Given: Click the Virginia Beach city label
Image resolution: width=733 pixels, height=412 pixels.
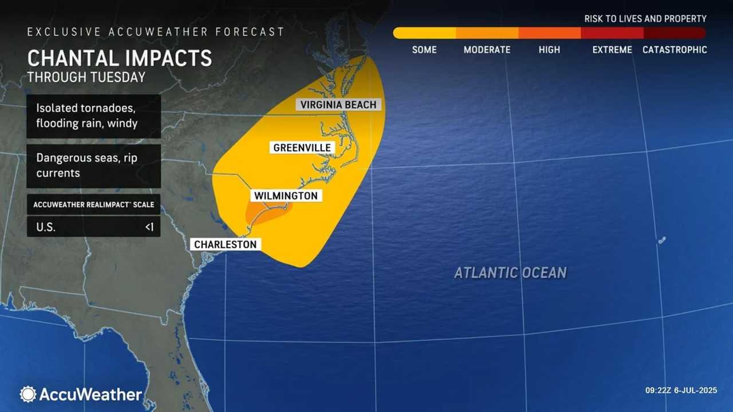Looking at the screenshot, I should click(338, 105).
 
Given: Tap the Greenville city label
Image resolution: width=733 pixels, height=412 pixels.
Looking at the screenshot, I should click(302, 148).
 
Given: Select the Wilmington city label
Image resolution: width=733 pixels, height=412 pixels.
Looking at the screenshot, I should click(286, 196).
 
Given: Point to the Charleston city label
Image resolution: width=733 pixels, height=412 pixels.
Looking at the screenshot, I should click(226, 244).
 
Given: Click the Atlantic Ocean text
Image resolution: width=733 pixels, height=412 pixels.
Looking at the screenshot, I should click(510, 273).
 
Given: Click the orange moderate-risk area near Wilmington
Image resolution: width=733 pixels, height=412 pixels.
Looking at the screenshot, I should click(269, 214).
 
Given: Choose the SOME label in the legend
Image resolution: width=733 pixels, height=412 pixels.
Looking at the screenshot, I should click(424, 50).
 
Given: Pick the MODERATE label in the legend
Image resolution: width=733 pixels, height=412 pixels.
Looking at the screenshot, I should click(487, 50).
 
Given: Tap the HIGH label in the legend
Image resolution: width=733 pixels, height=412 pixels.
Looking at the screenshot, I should click(549, 50).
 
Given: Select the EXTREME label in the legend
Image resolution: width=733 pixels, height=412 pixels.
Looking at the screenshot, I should click(612, 50).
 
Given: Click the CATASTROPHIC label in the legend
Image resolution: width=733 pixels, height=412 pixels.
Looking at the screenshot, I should click(675, 50).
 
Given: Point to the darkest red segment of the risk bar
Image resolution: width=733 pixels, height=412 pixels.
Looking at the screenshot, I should click(675, 33).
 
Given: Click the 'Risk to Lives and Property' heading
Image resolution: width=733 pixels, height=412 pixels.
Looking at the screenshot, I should click(645, 19).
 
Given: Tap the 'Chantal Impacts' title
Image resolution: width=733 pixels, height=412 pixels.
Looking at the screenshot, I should click(120, 58).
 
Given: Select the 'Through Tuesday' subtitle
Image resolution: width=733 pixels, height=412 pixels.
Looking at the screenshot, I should click(86, 77).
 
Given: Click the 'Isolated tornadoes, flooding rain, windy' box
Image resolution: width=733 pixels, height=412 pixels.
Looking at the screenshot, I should click(93, 116).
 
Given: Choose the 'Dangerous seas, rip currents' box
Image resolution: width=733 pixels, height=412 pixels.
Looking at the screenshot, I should click(93, 165).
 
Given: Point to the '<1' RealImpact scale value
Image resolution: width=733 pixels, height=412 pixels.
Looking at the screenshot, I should click(149, 227).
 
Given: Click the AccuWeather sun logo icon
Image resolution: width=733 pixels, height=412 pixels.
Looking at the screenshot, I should click(27, 394).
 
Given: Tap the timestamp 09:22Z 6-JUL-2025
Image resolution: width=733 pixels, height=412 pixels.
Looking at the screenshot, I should click(681, 390).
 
